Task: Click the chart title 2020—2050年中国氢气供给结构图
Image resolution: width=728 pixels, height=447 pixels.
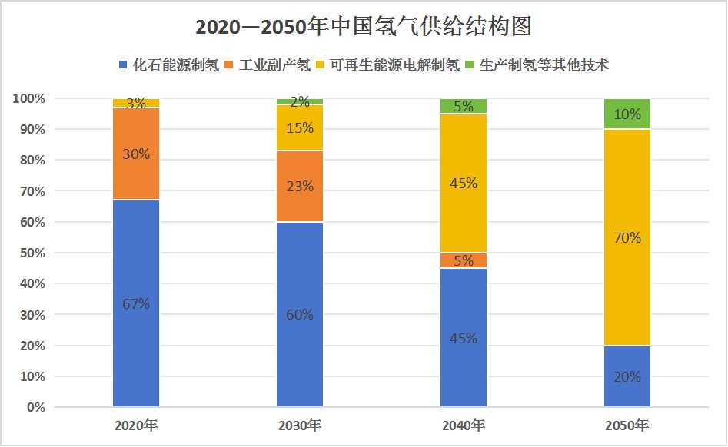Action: tap(364, 27)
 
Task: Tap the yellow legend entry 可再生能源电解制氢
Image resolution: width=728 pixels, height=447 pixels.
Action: tap(394, 65)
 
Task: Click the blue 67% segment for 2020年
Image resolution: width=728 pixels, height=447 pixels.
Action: tap(136, 303)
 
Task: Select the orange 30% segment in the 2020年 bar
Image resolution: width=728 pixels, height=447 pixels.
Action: tap(136, 154)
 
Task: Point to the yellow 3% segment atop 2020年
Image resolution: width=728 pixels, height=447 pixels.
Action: tap(136, 103)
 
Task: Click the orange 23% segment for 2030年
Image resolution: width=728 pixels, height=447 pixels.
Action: tap(300, 186)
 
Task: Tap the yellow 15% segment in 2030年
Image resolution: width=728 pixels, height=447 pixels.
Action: tap(300, 127)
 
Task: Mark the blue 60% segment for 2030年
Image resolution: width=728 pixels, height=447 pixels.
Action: tap(300, 314)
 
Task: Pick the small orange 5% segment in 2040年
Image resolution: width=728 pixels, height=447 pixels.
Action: tap(464, 260)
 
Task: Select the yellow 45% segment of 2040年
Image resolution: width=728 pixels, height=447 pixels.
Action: tap(464, 184)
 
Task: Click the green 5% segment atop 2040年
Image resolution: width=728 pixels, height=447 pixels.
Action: tap(464, 106)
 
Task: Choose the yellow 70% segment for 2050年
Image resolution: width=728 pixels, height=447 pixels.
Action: tap(627, 237)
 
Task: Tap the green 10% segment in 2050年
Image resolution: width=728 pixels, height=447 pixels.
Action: tap(627, 114)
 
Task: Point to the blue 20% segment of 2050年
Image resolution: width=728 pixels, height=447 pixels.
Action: tap(627, 376)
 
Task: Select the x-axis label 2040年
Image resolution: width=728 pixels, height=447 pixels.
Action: tap(464, 425)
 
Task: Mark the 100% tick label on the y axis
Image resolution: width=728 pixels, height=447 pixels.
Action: tap(29, 98)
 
